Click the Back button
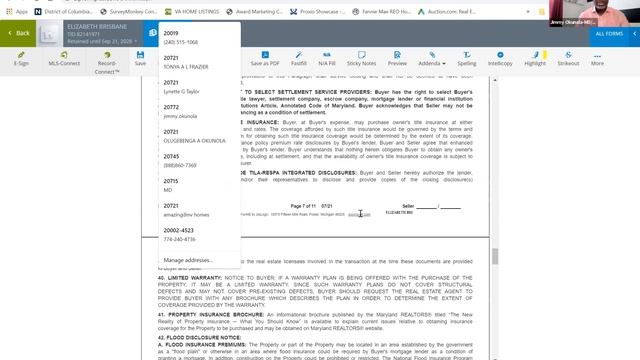tap(19, 33)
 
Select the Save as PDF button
tap(265, 63)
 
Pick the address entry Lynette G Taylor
tap(184, 90)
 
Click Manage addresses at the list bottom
tap(188, 260)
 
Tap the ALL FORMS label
tap(609, 33)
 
